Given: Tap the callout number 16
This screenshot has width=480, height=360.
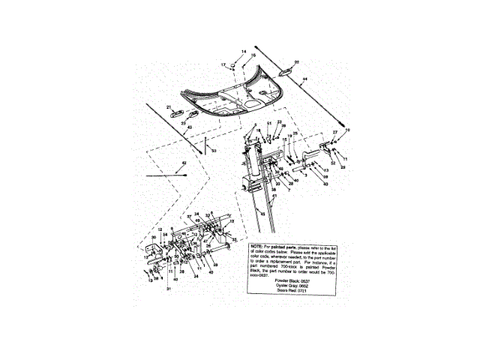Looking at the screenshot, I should [253, 55].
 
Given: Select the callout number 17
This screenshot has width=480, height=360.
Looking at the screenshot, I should [223, 65].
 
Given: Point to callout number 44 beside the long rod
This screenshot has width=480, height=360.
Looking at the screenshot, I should [304, 78].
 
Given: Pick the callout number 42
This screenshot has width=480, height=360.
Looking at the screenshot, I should [183, 163].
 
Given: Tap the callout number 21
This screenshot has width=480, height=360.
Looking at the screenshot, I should [169, 107].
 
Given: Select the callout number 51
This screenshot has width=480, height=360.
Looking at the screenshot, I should [268, 123].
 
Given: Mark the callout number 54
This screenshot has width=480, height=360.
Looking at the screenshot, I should [166, 235].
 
